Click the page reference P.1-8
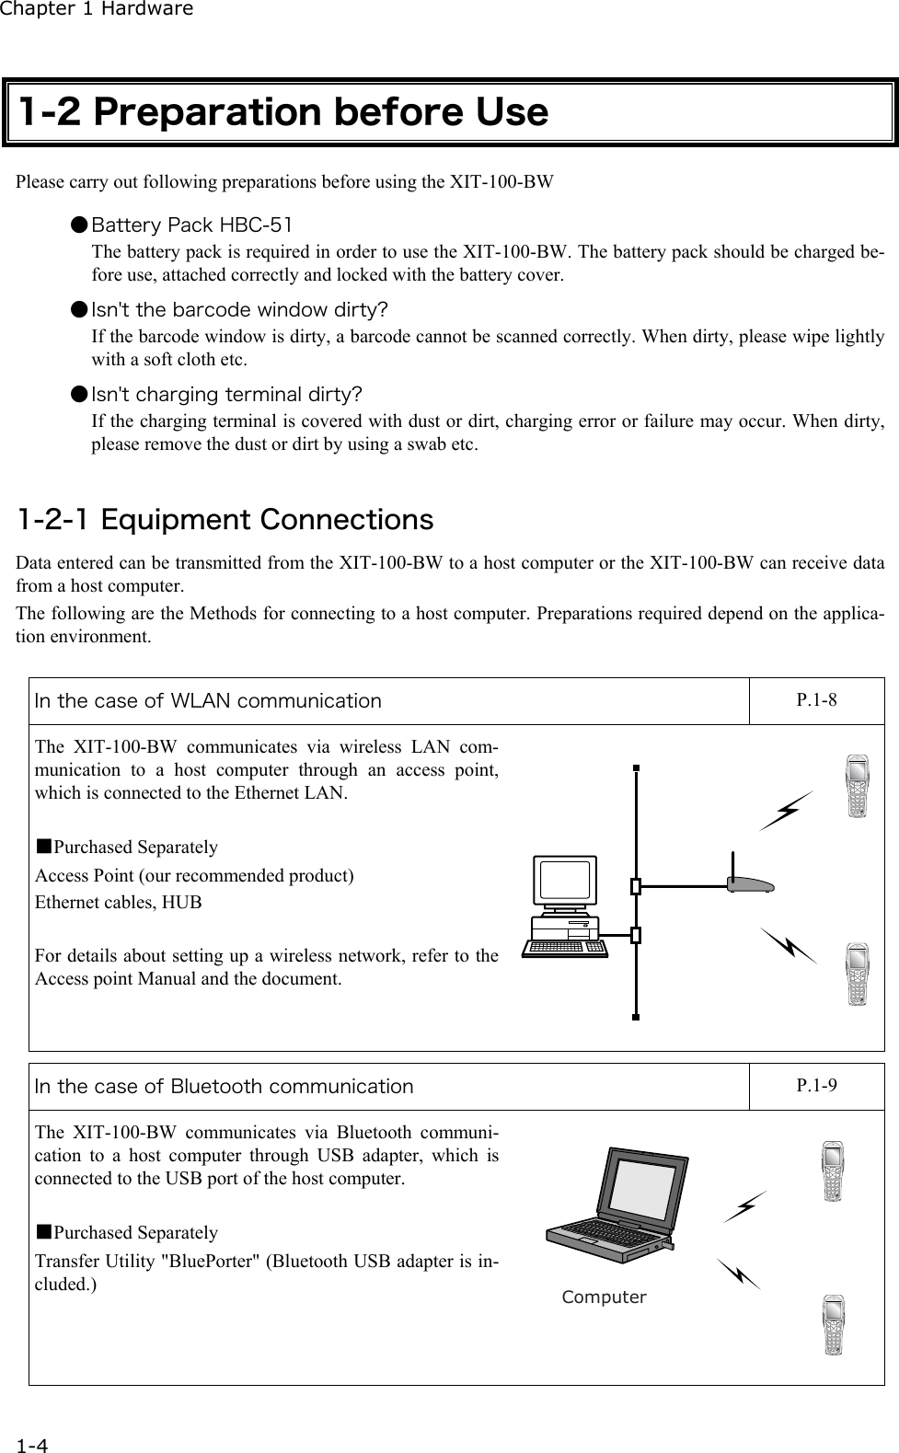click(816, 699)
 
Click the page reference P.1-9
click(816, 1085)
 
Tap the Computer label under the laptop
click(604, 1297)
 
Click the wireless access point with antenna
click(749, 882)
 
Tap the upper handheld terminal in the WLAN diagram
click(858, 787)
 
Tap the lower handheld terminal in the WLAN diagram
click(858, 974)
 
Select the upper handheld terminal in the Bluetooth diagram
click(833, 1170)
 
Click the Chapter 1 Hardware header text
click(97, 9)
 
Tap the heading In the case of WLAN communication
click(208, 700)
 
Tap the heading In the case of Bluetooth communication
click(224, 1086)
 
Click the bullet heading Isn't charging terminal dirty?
click(226, 395)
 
